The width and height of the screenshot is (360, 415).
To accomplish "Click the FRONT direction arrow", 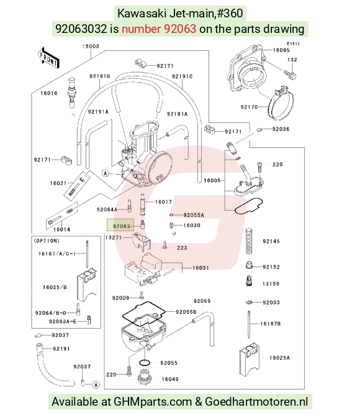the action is pyautogui.click(x=48, y=58).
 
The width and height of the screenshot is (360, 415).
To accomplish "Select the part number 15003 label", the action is pyautogui.click(x=91, y=47).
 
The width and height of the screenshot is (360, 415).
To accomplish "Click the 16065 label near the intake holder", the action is pyautogui.click(x=281, y=50).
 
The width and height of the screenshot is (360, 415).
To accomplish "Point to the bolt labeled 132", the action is pyautogui.click(x=290, y=75).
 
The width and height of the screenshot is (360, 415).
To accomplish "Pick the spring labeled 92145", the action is pyautogui.click(x=249, y=241).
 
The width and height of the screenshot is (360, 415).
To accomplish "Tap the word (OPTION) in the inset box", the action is pyautogui.click(x=47, y=240).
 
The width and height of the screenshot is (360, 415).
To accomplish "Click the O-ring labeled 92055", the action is pyautogui.click(x=145, y=362).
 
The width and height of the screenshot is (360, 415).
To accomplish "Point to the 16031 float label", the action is pyautogui.click(x=200, y=268).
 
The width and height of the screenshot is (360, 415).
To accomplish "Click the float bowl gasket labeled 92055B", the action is pyautogui.click(x=143, y=314).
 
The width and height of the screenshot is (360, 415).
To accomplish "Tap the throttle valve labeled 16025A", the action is pyautogui.click(x=250, y=360).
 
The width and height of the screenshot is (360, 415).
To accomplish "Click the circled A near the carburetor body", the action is pyautogui.click(x=106, y=173).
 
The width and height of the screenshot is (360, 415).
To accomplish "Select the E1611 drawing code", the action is pyautogui.click(x=294, y=43).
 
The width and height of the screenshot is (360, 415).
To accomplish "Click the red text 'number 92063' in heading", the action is pyautogui.click(x=159, y=29).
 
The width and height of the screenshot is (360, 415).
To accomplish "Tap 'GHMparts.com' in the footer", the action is pyautogui.click(x=153, y=401).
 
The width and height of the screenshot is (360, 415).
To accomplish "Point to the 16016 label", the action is pyautogui.click(x=49, y=93).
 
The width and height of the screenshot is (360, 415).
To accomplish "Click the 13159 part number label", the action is pyautogui.click(x=271, y=284).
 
